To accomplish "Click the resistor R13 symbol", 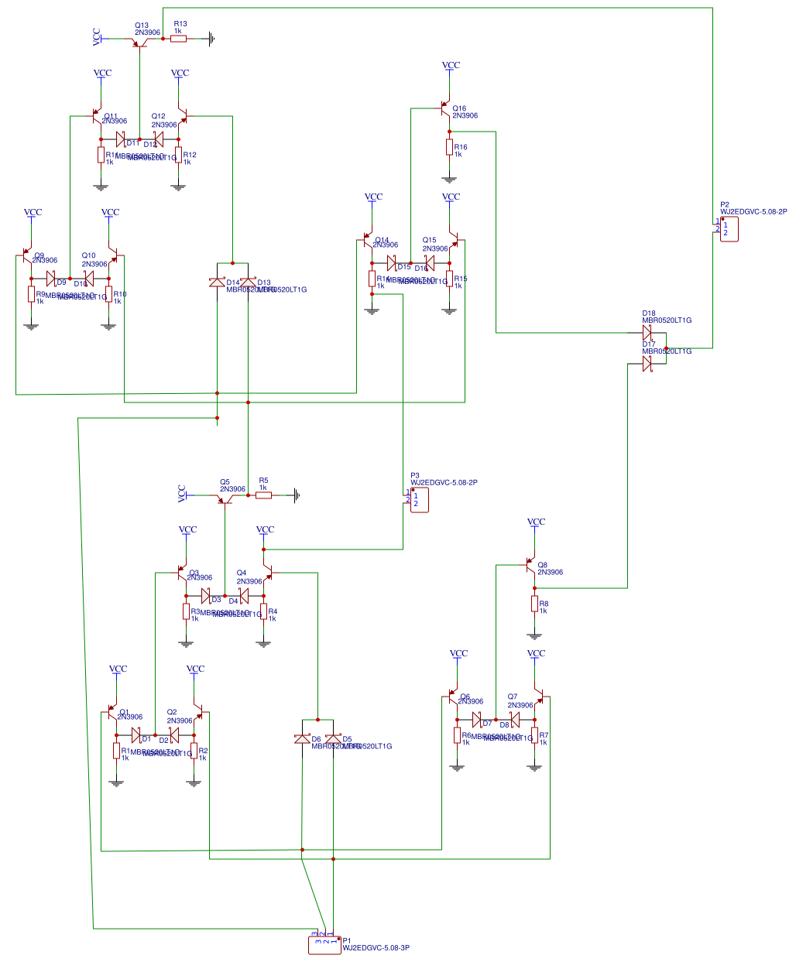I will tap(179, 39).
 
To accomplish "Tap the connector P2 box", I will tap(729, 229).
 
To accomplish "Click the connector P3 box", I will tap(419, 499).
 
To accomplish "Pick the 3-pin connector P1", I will tap(324, 945).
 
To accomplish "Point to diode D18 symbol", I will tap(647, 333).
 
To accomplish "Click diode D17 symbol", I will tap(647, 364).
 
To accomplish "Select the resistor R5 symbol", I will tap(264, 495).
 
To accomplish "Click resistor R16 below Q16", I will tap(449, 147).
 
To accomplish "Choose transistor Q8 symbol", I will tap(530, 565).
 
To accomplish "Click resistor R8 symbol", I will tap(534, 604).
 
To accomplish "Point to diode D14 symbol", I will tap(217, 283).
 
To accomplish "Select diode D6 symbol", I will tap(302, 739).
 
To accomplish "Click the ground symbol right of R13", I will tap(211, 39).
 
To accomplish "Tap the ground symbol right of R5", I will tap(297, 495).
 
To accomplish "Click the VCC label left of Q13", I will tap(97, 37).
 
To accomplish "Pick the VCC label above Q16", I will tap(451, 66).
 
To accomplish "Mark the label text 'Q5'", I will tap(225, 482).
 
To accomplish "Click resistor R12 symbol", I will tap(178, 155).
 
